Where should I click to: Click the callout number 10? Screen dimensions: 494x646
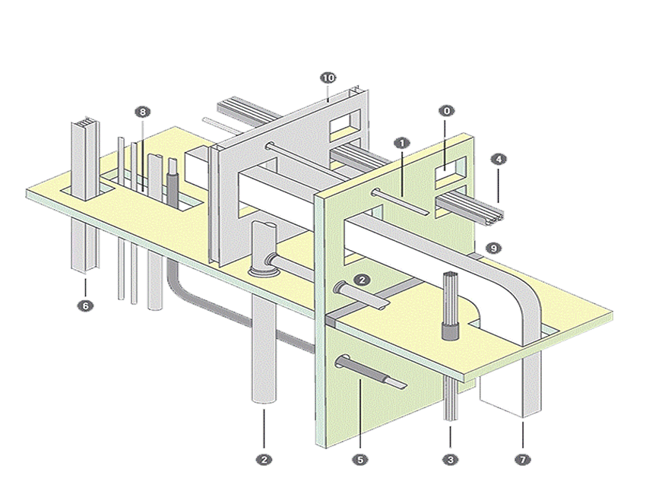pyautogui.click(x=328, y=78)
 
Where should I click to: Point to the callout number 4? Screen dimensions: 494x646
pyautogui.click(x=497, y=160)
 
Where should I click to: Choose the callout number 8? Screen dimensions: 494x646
pyautogui.click(x=141, y=112)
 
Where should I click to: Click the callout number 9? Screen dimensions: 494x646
pyautogui.click(x=493, y=248)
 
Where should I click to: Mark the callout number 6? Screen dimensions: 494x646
pyautogui.click(x=85, y=306)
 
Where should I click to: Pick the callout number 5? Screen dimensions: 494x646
pyautogui.click(x=359, y=459)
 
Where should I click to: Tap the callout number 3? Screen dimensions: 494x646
pyautogui.click(x=450, y=459)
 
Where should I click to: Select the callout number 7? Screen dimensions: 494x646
pyautogui.click(x=523, y=459)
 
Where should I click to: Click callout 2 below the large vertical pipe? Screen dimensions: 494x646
pyautogui.click(x=263, y=459)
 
